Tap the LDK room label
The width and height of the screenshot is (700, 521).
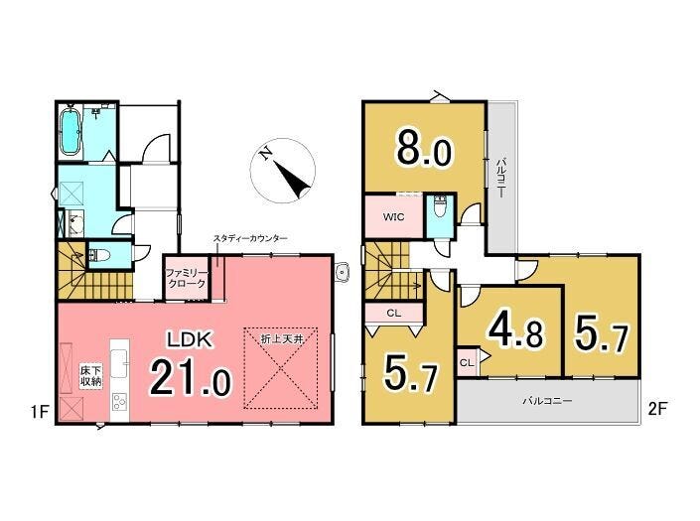pos(190,340)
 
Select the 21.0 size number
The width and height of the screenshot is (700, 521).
pos(191,378)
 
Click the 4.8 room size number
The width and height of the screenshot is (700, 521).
pos(516,331)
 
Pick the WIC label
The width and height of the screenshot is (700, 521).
pos(394,217)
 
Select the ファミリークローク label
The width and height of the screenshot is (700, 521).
pos(186,278)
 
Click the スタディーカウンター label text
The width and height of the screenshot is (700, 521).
pos(250,238)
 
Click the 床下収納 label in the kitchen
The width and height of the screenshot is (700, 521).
pos(91,376)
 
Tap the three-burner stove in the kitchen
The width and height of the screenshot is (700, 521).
pos(119,402)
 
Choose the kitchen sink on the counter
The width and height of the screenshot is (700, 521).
pos(119,363)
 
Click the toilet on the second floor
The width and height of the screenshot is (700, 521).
pos(440,208)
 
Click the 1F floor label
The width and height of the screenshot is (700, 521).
pos(40,411)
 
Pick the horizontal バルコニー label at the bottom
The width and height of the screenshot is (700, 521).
pos(548,401)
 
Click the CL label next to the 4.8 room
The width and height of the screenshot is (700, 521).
pos(466,362)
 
